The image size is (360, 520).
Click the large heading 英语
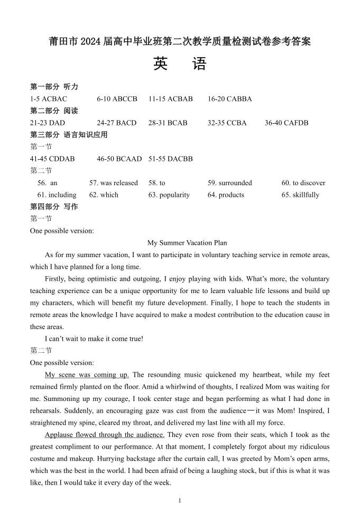tap(180, 64)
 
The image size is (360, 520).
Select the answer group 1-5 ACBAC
tap(49, 99)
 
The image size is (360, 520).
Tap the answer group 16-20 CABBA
tap(229, 99)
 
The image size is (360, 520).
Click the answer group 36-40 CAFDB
tap(286, 123)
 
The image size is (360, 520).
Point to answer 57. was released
tap(113, 183)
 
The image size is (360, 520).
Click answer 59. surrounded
tap(229, 183)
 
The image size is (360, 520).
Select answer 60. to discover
tap(303, 183)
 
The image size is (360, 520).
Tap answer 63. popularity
tap(169, 195)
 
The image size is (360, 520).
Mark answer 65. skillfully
tap(300, 195)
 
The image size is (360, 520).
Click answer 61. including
tap(57, 195)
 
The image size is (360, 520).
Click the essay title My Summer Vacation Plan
tap(187, 243)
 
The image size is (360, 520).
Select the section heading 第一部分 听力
tap(54, 87)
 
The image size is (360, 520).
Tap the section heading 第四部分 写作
tap(54, 207)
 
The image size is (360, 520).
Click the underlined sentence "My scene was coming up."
tap(87, 375)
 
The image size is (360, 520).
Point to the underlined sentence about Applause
tap(105, 435)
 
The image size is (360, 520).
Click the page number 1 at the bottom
tap(180, 500)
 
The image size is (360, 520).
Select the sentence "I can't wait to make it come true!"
tap(94, 339)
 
